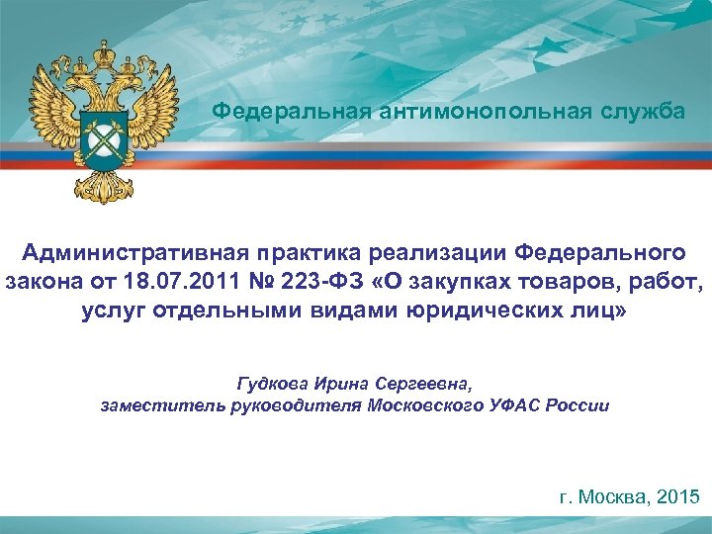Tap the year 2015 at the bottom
(x=676, y=497)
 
